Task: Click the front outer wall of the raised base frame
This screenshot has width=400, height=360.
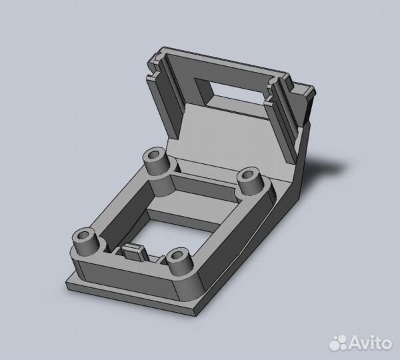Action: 127,277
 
